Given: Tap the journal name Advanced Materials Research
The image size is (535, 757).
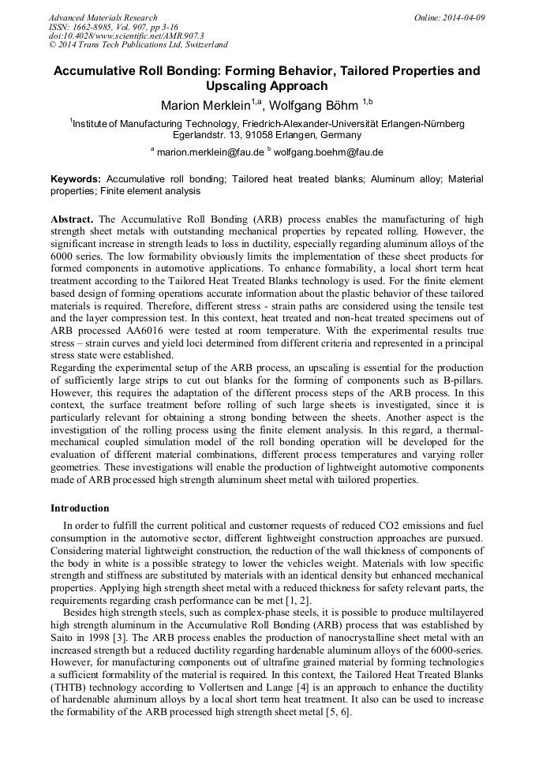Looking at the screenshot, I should pyautogui.click(x=103, y=17).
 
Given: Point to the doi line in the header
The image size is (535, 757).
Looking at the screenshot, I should pyautogui.click(x=126, y=36).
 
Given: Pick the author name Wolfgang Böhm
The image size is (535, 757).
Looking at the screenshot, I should pyautogui.click(x=316, y=105).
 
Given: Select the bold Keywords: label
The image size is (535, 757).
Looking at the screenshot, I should pyautogui.click(x=77, y=179).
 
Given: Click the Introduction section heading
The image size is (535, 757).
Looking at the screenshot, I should pyautogui.click(x=80, y=508).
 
